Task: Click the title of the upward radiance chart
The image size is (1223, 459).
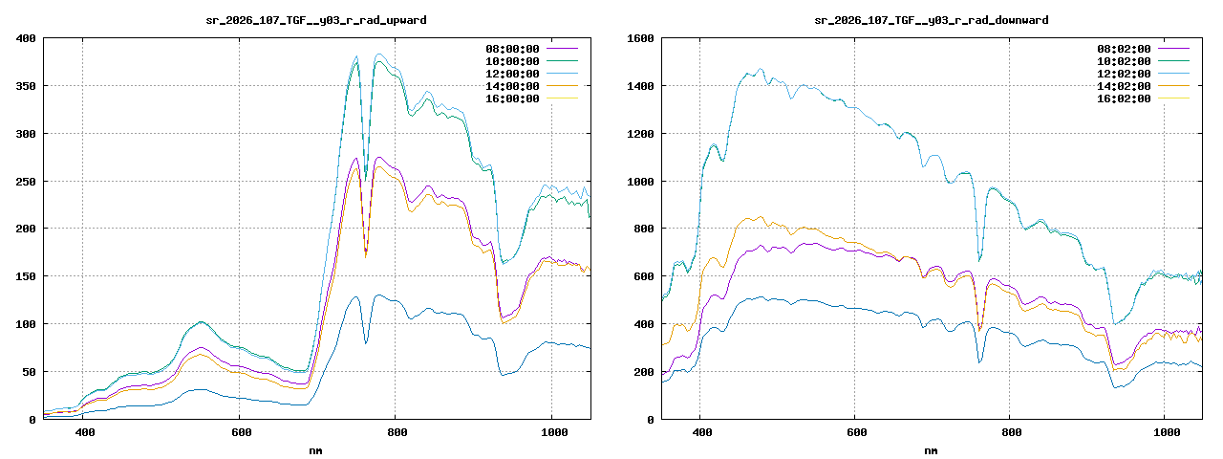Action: click(x=316, y=19)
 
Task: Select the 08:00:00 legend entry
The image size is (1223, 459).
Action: click(x=512, y=49)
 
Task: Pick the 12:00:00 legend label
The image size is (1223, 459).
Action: click(x=512, y=74)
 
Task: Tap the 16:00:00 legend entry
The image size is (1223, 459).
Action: click(x=512, y=98)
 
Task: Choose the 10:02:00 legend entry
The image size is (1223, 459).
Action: click(x=1124, y=61)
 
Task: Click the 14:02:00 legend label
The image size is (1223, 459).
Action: click(x=1124, y=86)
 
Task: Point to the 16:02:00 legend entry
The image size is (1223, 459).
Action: click(x=1124, y=98)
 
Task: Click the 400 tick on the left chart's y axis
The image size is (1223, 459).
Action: click(x=26, y=38)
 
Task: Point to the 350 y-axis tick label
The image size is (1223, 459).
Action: click(x=26, y=86)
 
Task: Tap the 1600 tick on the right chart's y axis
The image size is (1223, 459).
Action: click(x=640, y=38)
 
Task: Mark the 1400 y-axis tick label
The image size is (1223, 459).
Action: click(x=640, y=86)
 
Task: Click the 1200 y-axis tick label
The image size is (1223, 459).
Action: click(x=640, y=134)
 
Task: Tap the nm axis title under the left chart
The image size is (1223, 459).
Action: click(x=316, y=450)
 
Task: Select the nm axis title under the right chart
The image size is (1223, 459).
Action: click(x=931, y=450)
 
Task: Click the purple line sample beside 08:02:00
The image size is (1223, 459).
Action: click(x=1173, y=48)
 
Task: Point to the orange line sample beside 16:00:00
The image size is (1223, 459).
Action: click(x=562, y=98)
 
